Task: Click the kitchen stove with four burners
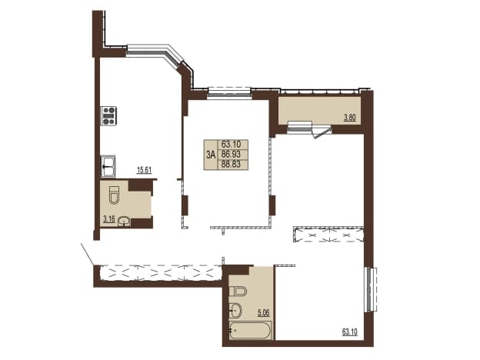coord(108,115)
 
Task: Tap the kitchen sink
coord(108,166)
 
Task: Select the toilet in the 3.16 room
coord(114,195)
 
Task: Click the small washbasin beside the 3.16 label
coord(124,222)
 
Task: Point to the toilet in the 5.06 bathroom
coord(238,291)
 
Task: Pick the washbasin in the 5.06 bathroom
coord(235,310)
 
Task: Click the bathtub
coord(250,330)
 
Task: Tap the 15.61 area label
coord(144,170)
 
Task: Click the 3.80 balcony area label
coord(350,118)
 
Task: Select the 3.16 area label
coord(109,219)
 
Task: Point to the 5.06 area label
coord(264,313)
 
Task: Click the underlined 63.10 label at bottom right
coord(349,332)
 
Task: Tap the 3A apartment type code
coord(211,155)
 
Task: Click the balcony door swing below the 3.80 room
coord(321,132)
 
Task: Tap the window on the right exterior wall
coord(372,289)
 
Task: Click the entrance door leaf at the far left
coord(88,254)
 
